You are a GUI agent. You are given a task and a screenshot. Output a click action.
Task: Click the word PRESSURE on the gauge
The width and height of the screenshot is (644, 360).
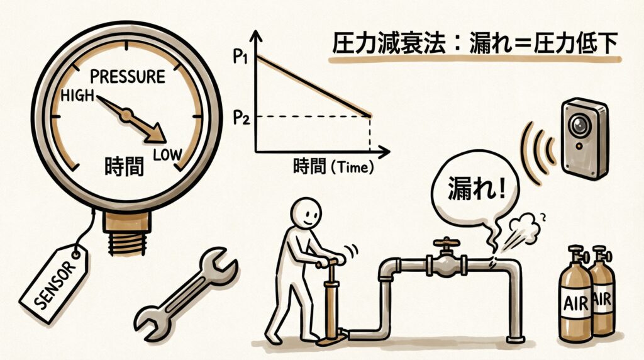(x=128, y=77)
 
